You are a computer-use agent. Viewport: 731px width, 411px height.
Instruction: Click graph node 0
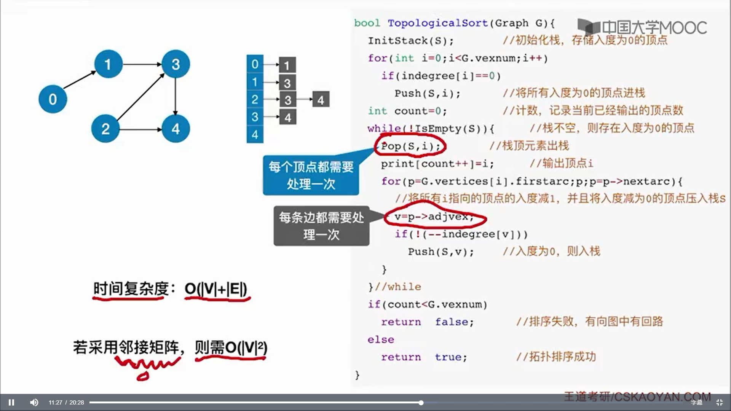point(53,99)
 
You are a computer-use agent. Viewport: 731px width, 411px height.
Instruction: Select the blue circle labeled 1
point(109,64)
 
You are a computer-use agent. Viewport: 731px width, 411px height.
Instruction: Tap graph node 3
point(176,64)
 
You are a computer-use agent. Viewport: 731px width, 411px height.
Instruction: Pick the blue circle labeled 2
point(105,129)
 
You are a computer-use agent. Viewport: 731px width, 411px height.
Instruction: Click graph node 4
point(176,129)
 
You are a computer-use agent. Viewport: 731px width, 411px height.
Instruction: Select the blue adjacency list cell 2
point(255,100)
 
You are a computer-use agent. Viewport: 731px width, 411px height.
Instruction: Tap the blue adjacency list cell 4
point(255,135)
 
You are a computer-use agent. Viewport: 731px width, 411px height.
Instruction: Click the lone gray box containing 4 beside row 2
point(321,100)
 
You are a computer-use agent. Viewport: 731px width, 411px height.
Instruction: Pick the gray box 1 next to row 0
point(287,65)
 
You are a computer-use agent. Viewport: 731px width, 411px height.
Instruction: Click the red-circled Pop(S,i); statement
point(410,146)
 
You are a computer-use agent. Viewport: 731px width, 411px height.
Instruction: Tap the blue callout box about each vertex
point(311,175)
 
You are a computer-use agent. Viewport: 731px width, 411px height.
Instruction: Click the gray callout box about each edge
point(321,226)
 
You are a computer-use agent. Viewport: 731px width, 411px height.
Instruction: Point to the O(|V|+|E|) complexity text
point(216,289)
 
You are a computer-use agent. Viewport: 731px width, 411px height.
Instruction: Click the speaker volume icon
point(34,402)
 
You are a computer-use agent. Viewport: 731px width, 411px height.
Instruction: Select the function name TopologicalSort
point(437,23)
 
